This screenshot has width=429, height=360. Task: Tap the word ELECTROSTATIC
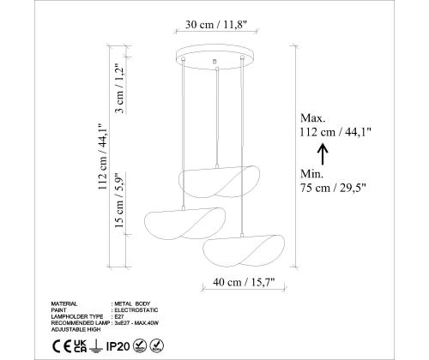tap(139, 309)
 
